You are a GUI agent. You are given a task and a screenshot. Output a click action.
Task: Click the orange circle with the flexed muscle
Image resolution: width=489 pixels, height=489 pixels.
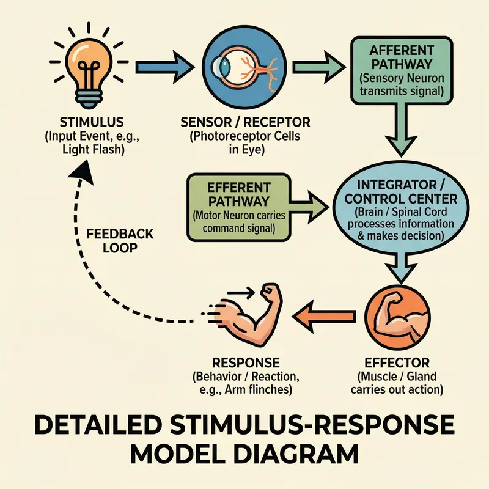(397, 316)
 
